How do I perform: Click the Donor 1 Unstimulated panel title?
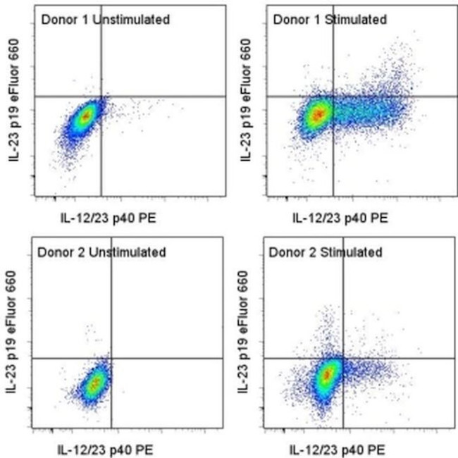[104, 20]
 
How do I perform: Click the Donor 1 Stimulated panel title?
[329, 20]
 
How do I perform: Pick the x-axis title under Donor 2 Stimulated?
[337, 450]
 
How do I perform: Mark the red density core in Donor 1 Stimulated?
[318, 113]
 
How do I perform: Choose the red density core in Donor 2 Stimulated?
[326, 376]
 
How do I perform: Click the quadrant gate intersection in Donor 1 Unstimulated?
[101, 97]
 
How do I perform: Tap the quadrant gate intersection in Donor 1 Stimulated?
[333, 97]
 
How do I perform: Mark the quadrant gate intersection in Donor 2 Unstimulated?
[111, 358]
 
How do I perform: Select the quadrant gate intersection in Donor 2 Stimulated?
[343, 358]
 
